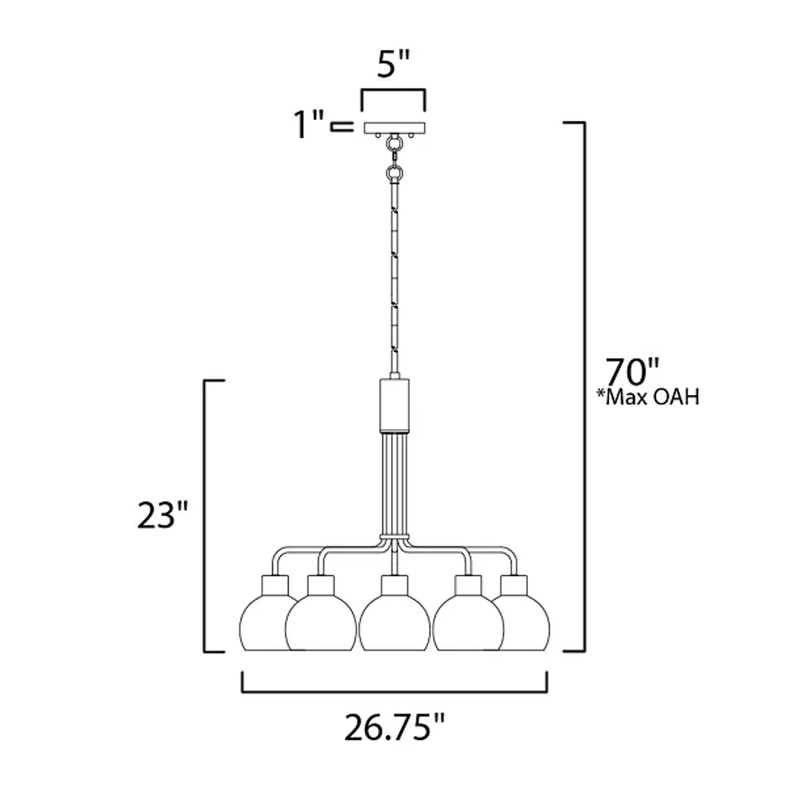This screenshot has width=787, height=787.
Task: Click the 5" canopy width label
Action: pos(393,64)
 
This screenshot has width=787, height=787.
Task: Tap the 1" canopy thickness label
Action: pos(309,124)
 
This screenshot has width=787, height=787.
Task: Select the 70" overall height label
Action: pos(632,371)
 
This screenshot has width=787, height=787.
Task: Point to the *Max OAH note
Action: pos(647,397)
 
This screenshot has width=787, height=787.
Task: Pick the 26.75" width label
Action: pos(394,728)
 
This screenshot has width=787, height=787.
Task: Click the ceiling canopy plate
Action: pos(394,128)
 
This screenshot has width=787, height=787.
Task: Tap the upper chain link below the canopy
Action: pos(394,144)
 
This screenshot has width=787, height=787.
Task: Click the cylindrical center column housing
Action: pos(394,406)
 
